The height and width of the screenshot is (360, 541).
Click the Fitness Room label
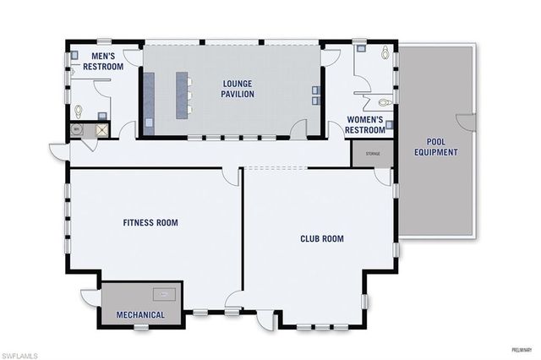[x=150, y=223]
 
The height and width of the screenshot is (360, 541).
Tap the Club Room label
[x=322, y=239]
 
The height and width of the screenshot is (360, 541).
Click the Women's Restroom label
[x=364, y=125]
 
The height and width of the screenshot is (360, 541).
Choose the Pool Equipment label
[x=436, y=148]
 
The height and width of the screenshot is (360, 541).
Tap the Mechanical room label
[x=139, y=315]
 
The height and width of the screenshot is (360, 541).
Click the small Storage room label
[x=373, y=155]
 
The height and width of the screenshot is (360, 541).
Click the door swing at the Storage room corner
[x=384, y=176]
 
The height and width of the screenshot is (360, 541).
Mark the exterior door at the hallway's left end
[x=59, y=150]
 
